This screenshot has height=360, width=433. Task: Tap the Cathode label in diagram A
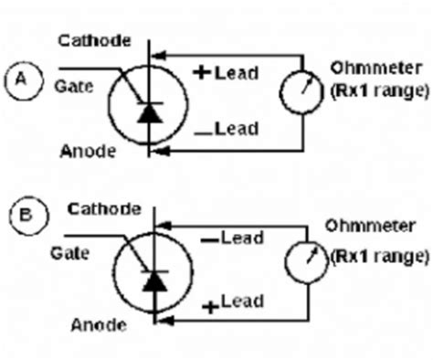88,39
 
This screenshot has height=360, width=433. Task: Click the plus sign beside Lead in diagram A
202,72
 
